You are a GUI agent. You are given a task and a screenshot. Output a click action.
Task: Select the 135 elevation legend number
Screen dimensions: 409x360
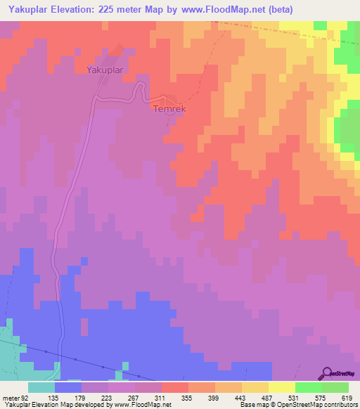[x=54, y=398]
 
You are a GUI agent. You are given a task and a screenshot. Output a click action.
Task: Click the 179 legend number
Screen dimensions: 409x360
[x=82, y=398]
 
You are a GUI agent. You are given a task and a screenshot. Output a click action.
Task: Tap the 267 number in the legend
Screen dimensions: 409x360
[x=135, y=398]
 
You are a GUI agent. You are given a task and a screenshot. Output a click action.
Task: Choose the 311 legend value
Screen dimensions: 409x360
[x=162, y=398]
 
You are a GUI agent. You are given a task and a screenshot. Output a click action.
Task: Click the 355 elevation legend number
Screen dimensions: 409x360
[x=188, y=398]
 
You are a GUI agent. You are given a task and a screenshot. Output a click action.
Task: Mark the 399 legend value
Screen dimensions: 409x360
[x=215, y=398]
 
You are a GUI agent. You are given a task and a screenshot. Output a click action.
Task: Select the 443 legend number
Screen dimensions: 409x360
[x=242, y=398]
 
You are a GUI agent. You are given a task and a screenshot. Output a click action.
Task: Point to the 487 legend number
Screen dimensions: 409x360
[x=269, y=398]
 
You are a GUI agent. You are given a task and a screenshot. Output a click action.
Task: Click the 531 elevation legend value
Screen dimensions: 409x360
[x=295, y=398]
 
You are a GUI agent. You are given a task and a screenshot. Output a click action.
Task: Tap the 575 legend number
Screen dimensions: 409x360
[x=322, y=398]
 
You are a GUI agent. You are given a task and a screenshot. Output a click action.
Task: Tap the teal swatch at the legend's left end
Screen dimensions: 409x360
[x=41, y=387]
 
